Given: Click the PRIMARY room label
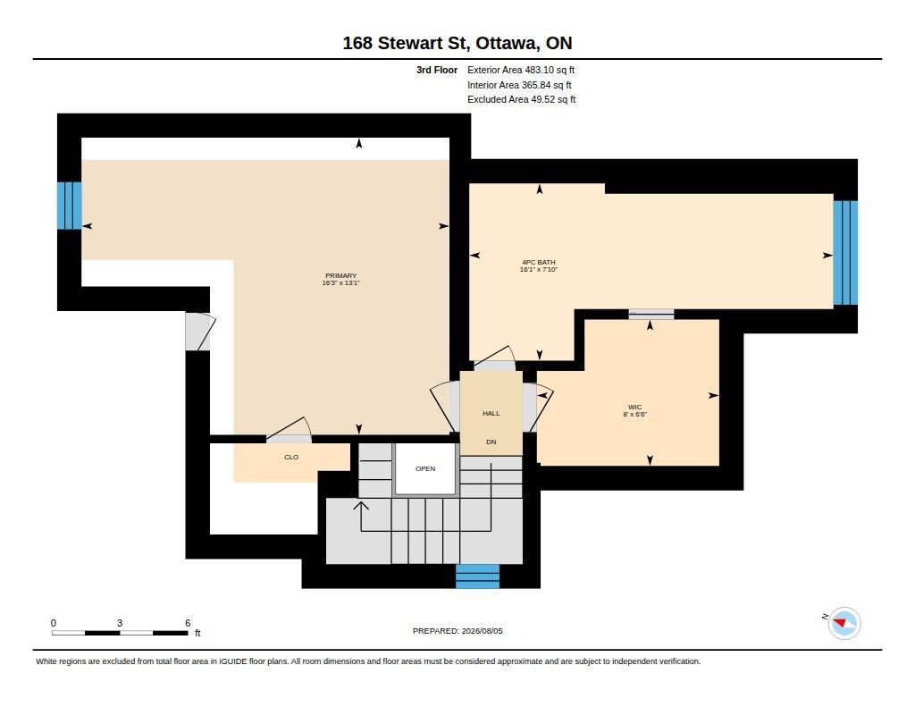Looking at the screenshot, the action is tap(340, 275).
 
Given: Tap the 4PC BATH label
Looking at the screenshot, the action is tap(539, 262).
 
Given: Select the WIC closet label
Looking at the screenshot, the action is tap(635, 407).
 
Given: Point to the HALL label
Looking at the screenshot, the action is tap(491, 413).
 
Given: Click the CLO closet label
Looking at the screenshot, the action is tap(291, 457).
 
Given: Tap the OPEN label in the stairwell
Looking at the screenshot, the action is tap(425, 469).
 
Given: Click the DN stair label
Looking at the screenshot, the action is tap(491, 442).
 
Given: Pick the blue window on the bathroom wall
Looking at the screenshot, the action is tap(845, 253).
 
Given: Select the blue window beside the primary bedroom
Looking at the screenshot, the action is tap(69, 206).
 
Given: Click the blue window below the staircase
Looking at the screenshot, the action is tap(477, 577).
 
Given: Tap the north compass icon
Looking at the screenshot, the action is tap(844, 624).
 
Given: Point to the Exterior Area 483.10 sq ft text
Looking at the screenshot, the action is tap(521, 70).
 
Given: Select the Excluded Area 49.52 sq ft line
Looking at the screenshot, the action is tap(522, 100).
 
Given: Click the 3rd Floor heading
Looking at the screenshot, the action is tap(437, 70).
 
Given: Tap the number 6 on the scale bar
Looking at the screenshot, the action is tap(188, 623).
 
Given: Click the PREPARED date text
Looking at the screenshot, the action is tap(457, 631).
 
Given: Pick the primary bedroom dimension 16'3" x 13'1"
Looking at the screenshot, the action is tap(340, 283).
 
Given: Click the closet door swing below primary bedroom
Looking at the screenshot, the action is tap(289, 429).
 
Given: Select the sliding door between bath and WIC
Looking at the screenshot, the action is tap(651, 314).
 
